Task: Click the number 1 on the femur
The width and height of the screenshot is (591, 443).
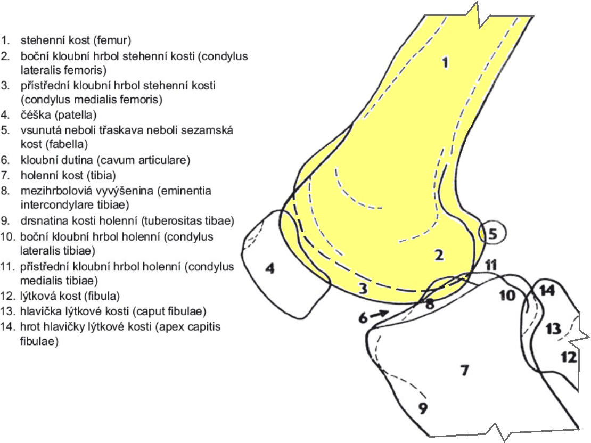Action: [446, 62]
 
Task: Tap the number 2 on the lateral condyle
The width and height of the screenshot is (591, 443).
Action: [439, 255]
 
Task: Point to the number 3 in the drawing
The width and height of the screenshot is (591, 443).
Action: [363, 289]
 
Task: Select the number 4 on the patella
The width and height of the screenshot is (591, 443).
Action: [270, 268]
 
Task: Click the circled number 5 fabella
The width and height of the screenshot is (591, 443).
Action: [492, 233]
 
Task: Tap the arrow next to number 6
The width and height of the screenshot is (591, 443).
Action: [380, 314]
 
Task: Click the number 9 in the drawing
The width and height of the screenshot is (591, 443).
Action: [423, 408]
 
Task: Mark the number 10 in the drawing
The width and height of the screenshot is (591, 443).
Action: [507, 295]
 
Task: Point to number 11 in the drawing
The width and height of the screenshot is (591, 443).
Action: [491, 265]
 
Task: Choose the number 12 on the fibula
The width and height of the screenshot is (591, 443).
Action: [569, 357]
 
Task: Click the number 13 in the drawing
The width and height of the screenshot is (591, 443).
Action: [553, 329]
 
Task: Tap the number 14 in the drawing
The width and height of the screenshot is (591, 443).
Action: [547, 290]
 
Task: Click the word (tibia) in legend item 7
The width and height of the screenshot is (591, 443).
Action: [101, 175]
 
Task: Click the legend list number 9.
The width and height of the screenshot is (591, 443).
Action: [5, 220]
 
